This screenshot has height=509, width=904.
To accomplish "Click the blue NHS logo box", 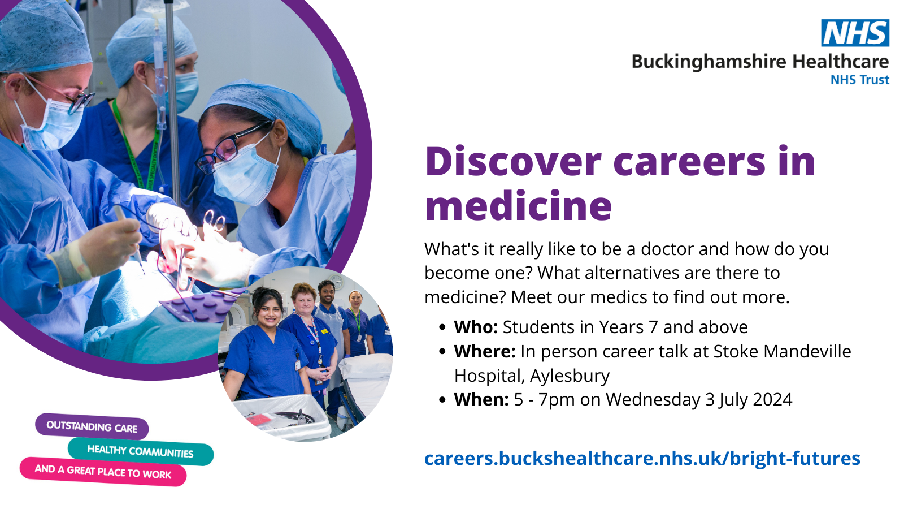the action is click(855, 33).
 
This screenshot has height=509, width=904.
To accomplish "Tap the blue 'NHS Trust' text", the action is click(859, 80).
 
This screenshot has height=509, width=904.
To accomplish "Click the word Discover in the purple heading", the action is click(514, 162).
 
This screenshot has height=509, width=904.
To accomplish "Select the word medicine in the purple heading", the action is click(519, 206).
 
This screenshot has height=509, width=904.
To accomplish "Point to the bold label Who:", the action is click(476, 327).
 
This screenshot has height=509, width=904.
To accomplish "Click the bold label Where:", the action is click(485, 351).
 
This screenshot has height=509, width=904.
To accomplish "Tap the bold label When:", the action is click(481, 399).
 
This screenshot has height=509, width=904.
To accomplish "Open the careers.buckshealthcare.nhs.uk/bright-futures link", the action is click(642, 458).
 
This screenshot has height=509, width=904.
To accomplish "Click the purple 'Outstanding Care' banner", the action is click(92, 426).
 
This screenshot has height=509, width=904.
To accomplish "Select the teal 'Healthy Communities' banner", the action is click(141, 451).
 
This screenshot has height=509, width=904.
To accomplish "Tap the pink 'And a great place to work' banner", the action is click(103, 472).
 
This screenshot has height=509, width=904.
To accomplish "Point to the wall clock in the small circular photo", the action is click(336, 282).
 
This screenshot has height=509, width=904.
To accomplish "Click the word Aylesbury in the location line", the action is click(570, 376).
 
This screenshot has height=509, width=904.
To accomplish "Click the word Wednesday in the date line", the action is click(653, 399).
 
